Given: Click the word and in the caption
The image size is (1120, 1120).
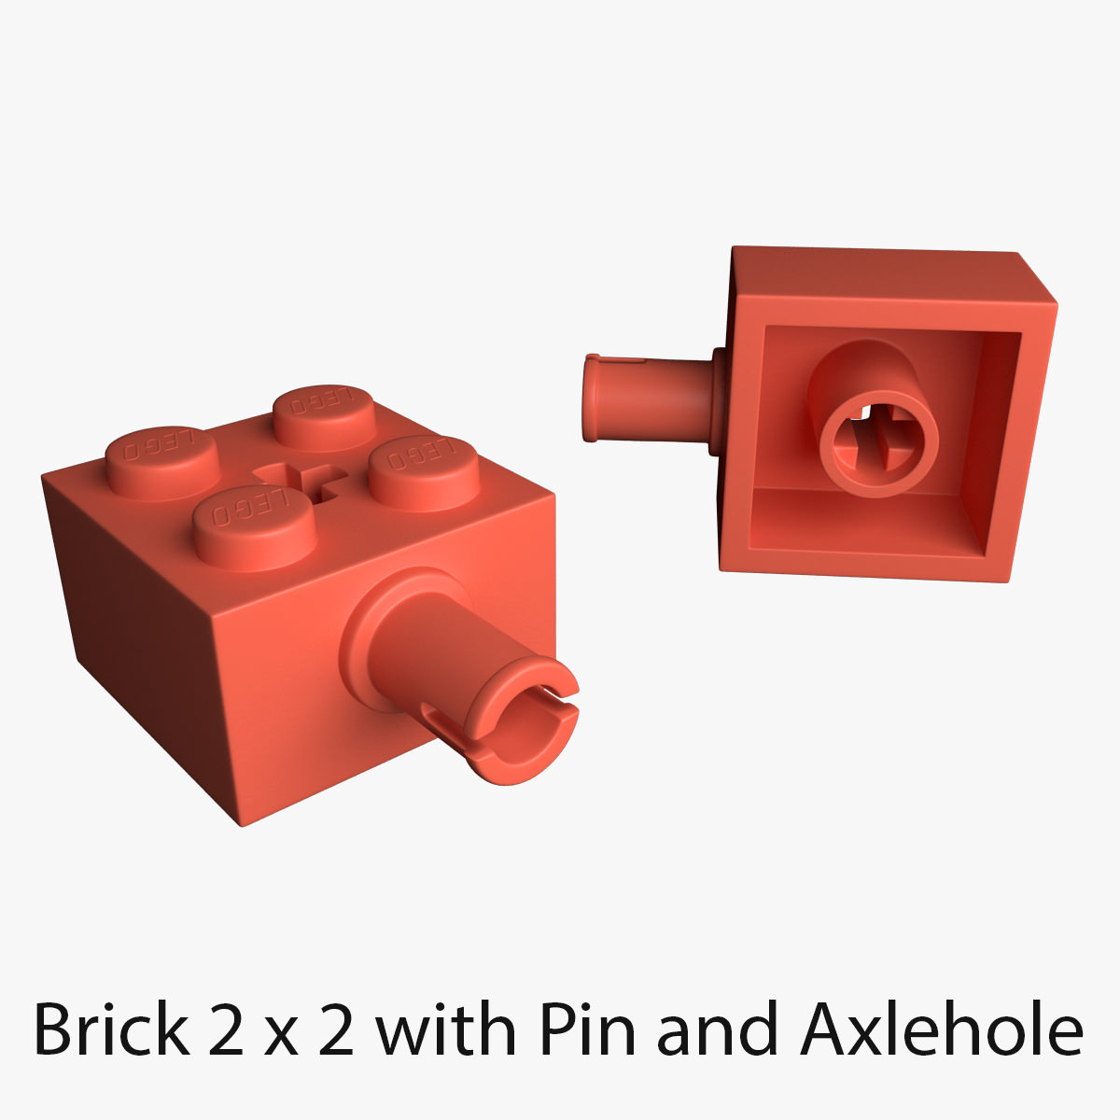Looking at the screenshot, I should click(x=717, y=1029).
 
